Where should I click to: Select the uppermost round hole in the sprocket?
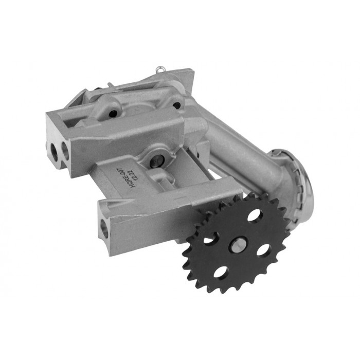(254, 216)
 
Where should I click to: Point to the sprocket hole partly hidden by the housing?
(209, 238)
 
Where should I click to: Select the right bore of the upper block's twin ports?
(65, 151)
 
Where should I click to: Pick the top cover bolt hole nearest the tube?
(177, 105)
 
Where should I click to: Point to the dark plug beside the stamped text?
(154, 160)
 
